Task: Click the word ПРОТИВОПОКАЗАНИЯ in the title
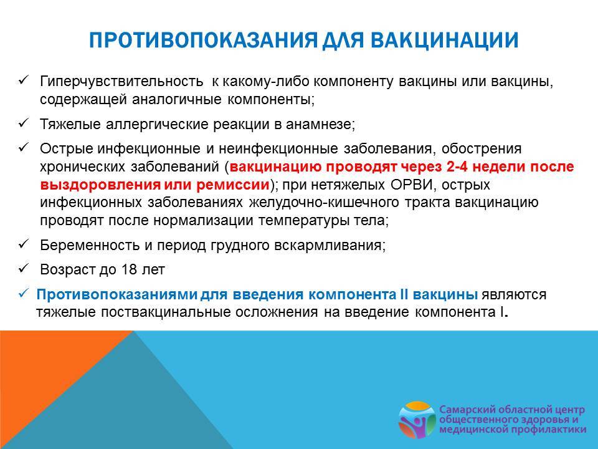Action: pyautogui.click(x=203, y=40)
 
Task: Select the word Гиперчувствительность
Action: pyautogui.click(x=121, y=81)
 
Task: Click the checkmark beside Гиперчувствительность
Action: pyautogui.click(x=23, y=80)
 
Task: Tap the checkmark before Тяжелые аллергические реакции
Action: pyautogui.click(x=23, y=123)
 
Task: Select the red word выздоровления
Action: pyautogui.click(x=100, y=185)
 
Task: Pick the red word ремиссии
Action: pyautogui.click(x=233, y=185)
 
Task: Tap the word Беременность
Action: pyautogui.click(x=90, y=245)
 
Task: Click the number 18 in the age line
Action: pyautogui.click(x=129, y=269)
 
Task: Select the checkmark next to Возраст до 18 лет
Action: pyautogui.click(x=23, y=268)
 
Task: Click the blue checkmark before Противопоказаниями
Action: pyautogui.click(x=23, y=293)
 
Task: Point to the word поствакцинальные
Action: pyautogui.click(x=168, y=312)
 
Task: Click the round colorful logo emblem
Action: pyautogui.click(x=417, y=420)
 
